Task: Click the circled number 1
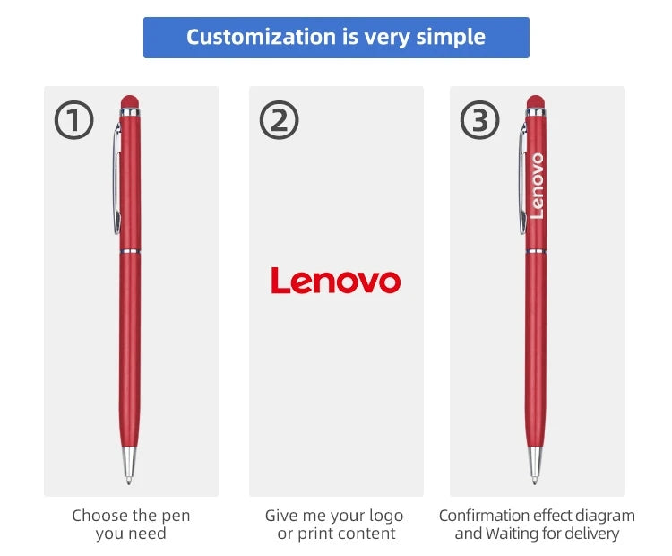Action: coord(73,119)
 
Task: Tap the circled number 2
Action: coord(279,119)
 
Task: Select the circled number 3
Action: coord(479,119)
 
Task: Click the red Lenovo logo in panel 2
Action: coord(336,281)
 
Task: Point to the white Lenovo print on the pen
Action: coord(537,186)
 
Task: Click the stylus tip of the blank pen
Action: coord(129,101)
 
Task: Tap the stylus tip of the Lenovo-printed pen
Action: coord(535,101)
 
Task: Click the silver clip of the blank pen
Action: coord(116,178)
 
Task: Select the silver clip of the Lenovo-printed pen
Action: coord(522,178)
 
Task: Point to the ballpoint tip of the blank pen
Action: coord(128,481)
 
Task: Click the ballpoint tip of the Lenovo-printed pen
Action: coord(534,481)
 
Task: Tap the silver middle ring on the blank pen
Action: coord(129,251)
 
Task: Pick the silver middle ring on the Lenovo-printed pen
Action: coord(536,251)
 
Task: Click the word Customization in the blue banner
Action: coord(262,37)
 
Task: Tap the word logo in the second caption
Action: coord(384,517)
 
